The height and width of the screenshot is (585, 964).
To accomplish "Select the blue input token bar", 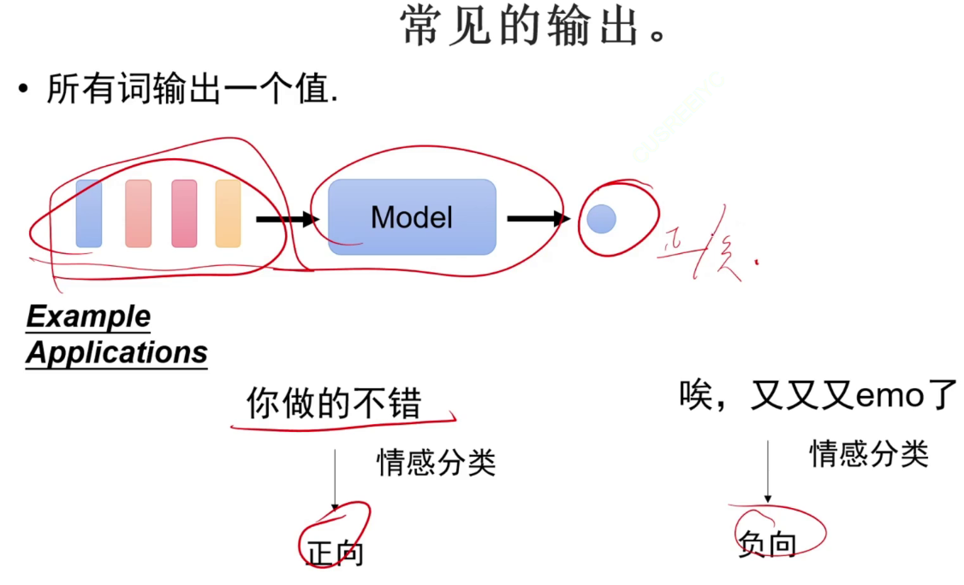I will click(88, 214).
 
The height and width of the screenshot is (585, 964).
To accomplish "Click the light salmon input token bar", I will click(138, 214).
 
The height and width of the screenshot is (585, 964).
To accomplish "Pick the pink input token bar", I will click(184, 214).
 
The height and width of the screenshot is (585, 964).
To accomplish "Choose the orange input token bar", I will click(228, 214).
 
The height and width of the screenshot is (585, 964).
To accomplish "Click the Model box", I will click(412, 217).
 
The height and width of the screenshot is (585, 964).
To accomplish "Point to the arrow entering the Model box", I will click(287, 220).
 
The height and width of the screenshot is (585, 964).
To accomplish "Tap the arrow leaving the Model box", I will click(538, 219).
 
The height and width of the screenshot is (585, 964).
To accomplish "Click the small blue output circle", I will click(602, 219).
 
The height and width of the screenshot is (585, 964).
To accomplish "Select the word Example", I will click(88, 317).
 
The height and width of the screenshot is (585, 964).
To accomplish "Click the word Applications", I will click(116, 352).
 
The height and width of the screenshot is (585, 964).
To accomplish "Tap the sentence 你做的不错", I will click(334, 403).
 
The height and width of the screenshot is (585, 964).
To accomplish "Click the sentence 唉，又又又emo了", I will click(818, 395).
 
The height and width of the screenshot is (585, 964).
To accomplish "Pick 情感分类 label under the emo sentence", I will click(869, 453).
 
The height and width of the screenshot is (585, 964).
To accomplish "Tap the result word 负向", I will click(767, 545).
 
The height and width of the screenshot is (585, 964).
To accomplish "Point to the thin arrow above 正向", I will click(335, 479).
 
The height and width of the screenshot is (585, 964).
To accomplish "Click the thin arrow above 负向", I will click(768, 471).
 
